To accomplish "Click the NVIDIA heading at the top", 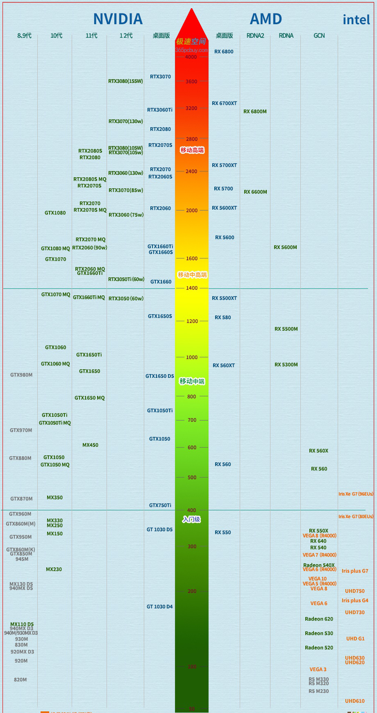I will pyautogui.click(x=118, y=19).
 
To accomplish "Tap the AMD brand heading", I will pyautogui.click(x=266, y=19).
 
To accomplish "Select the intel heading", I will pyautogui.click(x=356, y=20).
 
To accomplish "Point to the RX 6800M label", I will pyautogui.click(x=255, y=112).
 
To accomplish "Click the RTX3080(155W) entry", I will pyautogui.click(x=125, y=81).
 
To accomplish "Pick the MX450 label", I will pyautogui.click(x=90, y=445).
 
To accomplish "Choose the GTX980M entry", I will pyautogui.click(x=21, y=375).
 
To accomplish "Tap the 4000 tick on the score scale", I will pyautogui.click(x=191, y=57).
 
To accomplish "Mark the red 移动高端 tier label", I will pyautogui.click(x=192, y=150).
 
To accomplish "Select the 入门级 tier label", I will pyautogui.click(x=191, y=520).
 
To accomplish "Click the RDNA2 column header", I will pyautogui.click(x=255, y=36).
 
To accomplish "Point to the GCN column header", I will pyautogui.click(x=319, y=36).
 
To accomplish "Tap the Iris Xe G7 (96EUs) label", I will pyautogui.click(x=356, y=494).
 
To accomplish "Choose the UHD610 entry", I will pyautogui.click(x=355, y=701).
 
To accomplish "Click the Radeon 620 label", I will pyautogui.click(x=319, y=619).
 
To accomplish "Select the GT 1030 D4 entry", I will pyautogui.click(x=160, y=607).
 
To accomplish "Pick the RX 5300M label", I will pyautogui.click(x=286, y=365).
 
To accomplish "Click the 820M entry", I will pyautogui.click(x=20, y=680).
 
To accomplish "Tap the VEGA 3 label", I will pyautogui.click(x=318, y=670).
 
